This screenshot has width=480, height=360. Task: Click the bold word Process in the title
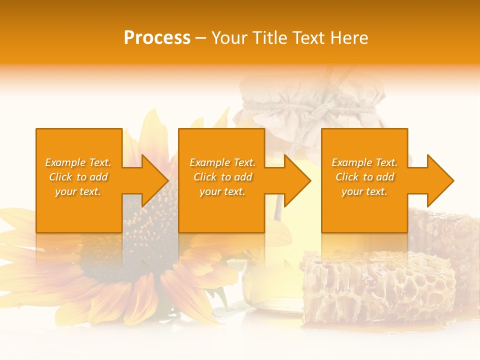[x=157, y=38]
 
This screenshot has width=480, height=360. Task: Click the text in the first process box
[x=78, y=177]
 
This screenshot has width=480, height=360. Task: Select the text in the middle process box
[x=222, y=177]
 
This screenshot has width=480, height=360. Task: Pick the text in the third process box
[x=364, y=177]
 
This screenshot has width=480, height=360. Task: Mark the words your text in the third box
[x=364, y=191]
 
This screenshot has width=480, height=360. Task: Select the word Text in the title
[x=308, y=38]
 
